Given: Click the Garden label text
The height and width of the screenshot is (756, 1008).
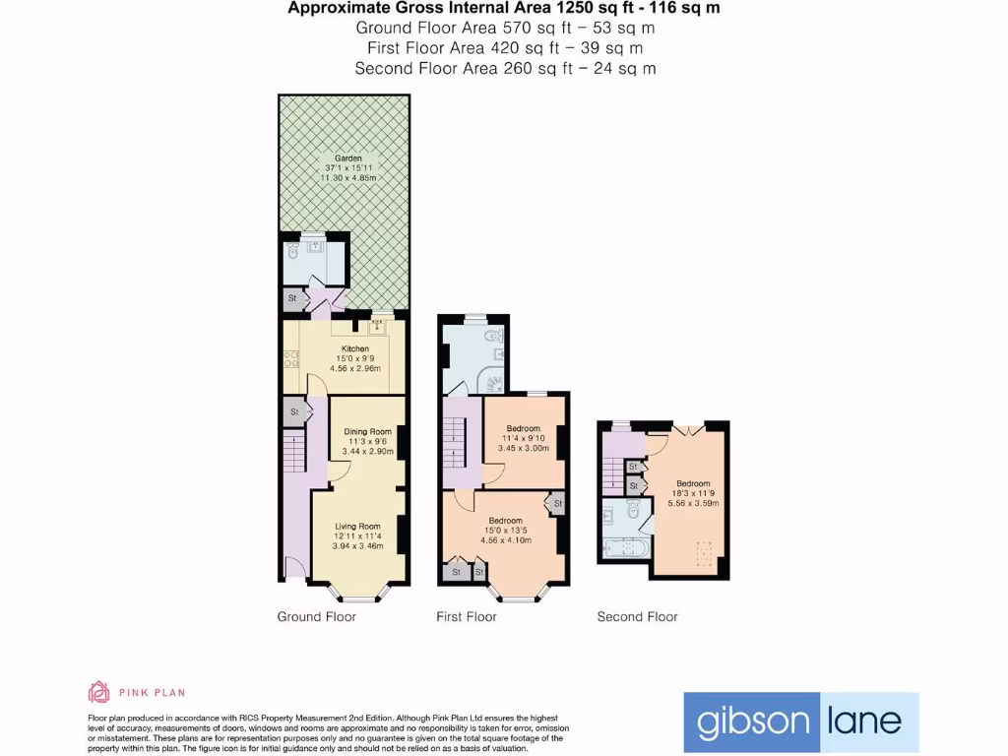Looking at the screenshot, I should [x=347, y=157].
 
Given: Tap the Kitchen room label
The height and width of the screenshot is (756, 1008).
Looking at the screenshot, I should [x=355, y=349].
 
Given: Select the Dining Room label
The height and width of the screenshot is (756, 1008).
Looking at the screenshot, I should [x=367, y=431].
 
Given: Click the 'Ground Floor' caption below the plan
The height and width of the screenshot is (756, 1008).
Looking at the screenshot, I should [x=316, y=617].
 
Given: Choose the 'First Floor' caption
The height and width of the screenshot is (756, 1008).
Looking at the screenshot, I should [x=467, y=617].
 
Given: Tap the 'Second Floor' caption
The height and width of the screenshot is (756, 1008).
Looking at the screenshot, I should [x=637, y=617].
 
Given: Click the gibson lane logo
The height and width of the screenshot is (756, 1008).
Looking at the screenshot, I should [x=800, y=722].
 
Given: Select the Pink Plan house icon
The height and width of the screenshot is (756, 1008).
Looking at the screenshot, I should [x=98, y=692].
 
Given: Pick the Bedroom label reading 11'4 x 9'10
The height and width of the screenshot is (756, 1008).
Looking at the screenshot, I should [x=523, y=428].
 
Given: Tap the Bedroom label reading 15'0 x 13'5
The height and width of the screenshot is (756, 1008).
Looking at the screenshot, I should [x=506, y=520].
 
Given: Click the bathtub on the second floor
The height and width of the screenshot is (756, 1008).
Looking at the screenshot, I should [x=624, y=547].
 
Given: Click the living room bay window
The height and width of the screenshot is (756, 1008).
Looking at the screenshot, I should [x=356, y=593].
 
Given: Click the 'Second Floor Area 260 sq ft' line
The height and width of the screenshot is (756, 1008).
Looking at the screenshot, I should [x=505, y=68].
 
